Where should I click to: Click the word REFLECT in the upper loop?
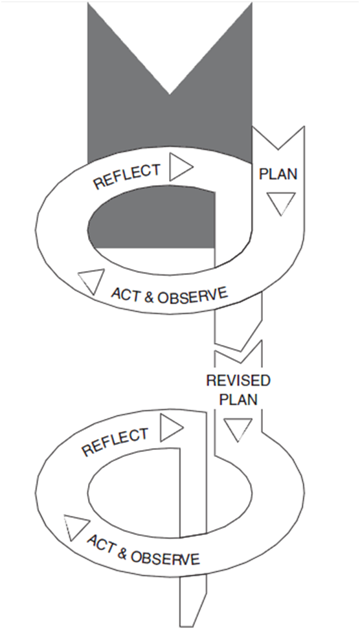point(127,176)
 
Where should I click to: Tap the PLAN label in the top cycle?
point(278,174)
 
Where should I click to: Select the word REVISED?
point(238,381)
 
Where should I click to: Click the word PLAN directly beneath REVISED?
point(238,399)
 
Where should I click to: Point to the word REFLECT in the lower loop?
point(115,442)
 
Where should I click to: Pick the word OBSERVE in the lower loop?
point(165,557)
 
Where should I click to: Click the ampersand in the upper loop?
point(149,298)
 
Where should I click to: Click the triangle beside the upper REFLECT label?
point(181,166)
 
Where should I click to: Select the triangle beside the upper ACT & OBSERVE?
point(92,280)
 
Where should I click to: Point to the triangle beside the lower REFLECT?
point(172,428)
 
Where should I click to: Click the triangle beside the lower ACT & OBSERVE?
point(76,526)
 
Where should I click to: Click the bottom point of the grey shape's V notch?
point(170,95)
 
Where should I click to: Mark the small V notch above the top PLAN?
point(278,150)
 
